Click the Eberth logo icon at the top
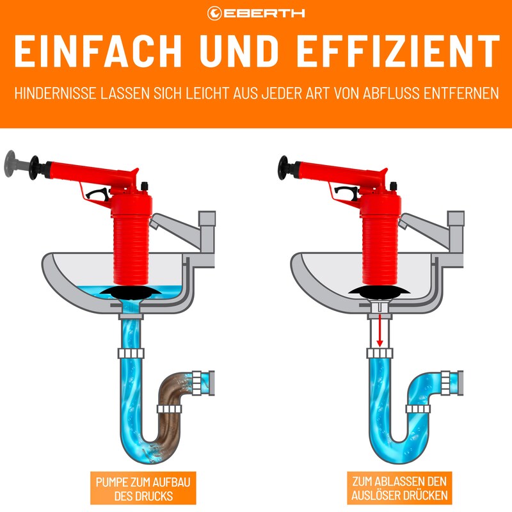click(x=214, y=13)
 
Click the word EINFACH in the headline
click(x=98, y=51)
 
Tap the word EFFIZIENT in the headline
click(x=398, y=51)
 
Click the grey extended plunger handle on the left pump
click(x=17, y=164)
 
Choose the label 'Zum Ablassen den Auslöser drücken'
click(x=399, y=488)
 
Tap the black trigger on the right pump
click(x=346, y=194)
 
